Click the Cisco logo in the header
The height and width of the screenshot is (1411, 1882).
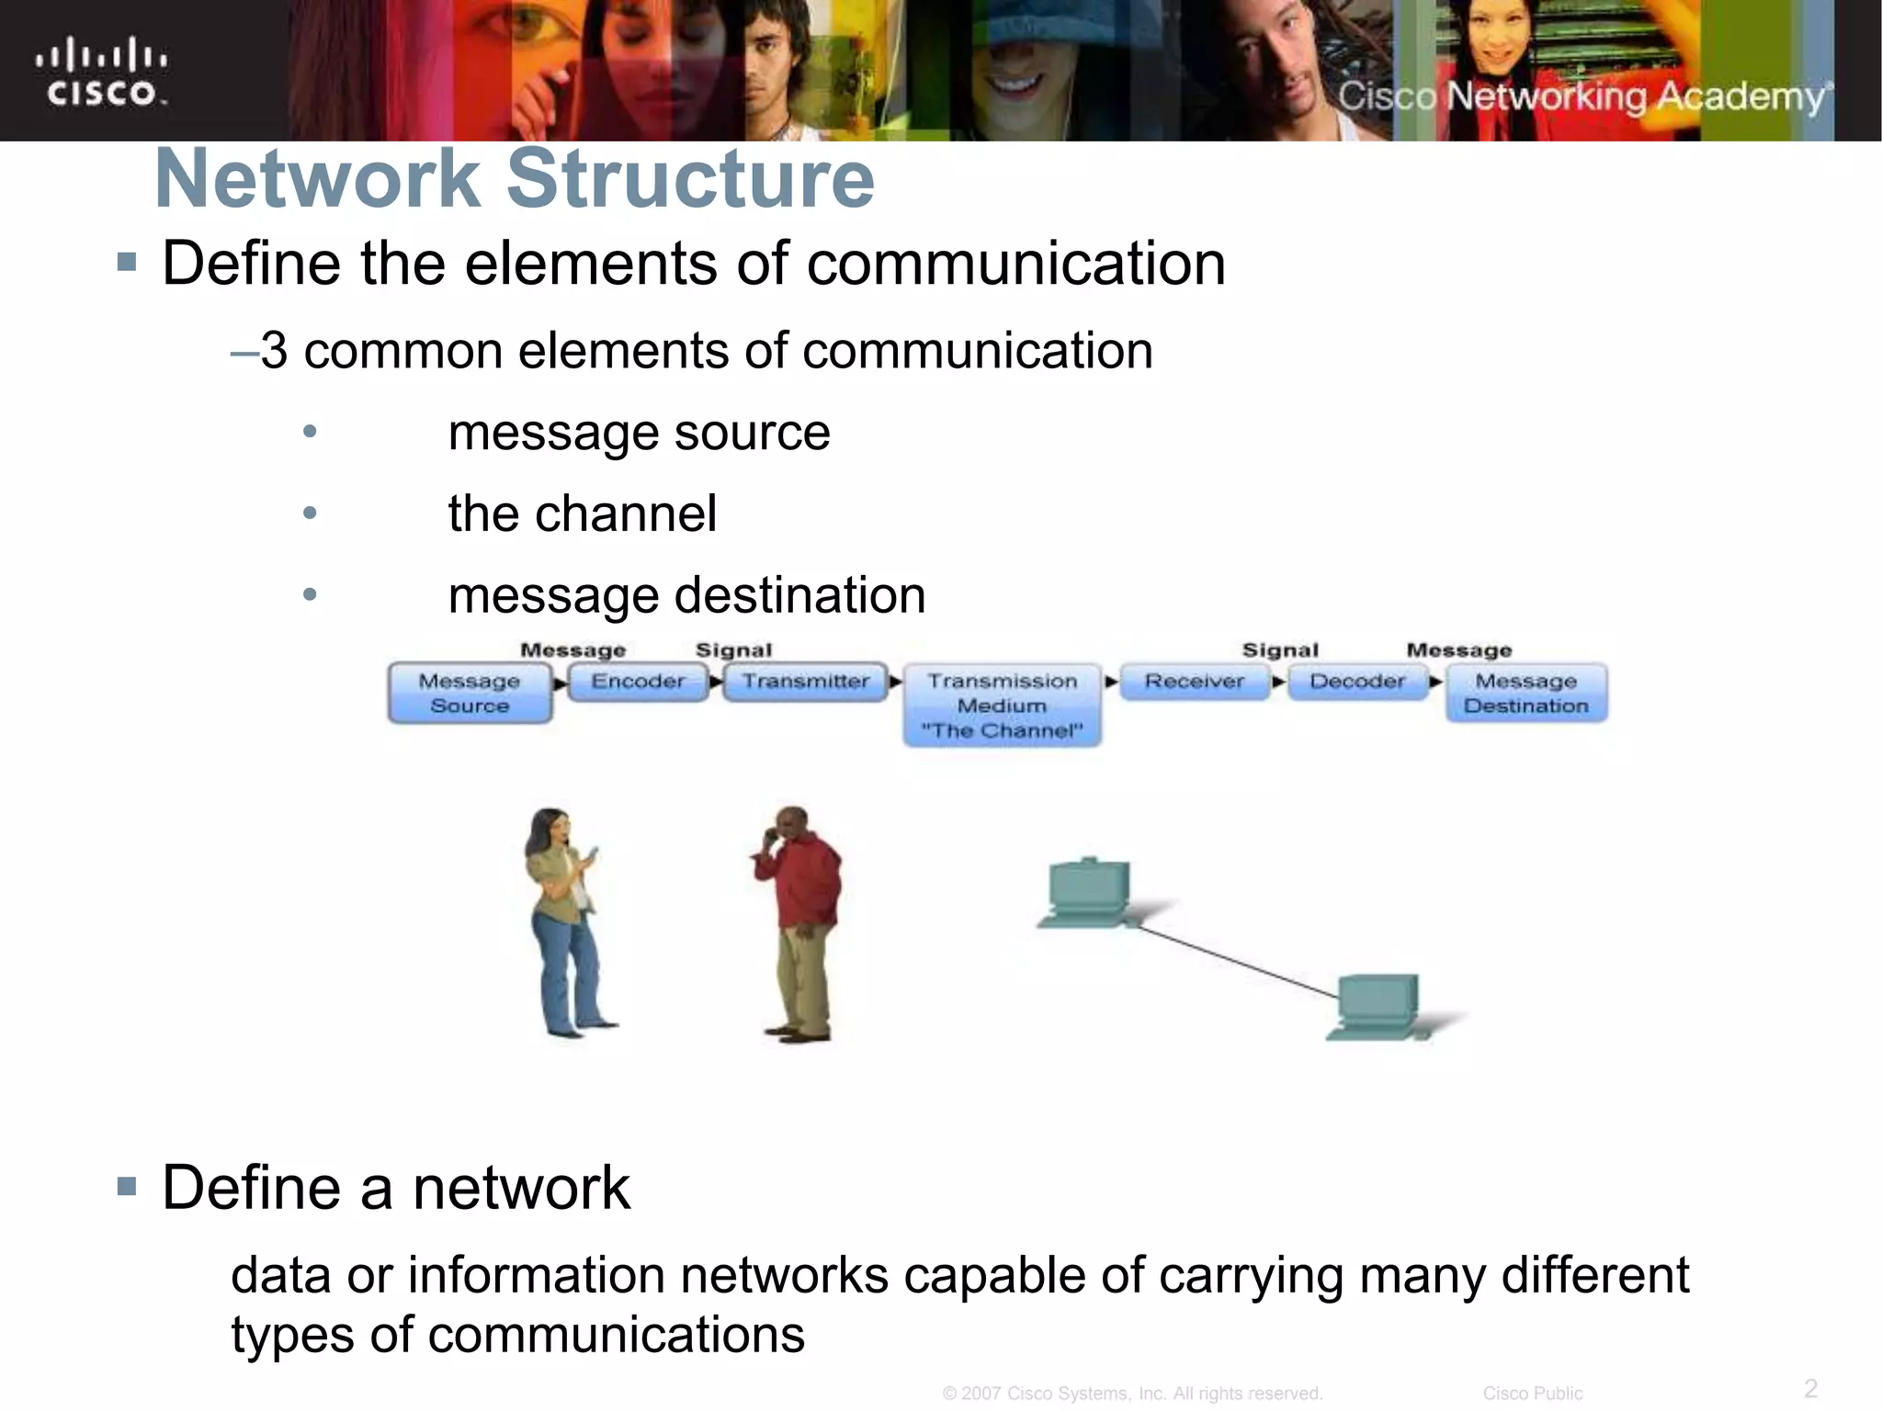(101, 72)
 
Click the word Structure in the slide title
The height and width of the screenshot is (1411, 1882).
(690, 178)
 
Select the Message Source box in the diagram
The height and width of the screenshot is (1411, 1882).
(470, 693)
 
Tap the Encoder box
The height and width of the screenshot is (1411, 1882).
(638, 682)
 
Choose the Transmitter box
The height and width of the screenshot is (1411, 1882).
(806, 682)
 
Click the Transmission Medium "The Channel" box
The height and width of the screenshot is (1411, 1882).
(1002, 705)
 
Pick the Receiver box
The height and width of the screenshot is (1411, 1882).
(1194, 682)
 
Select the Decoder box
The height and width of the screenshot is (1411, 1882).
(1357, 682)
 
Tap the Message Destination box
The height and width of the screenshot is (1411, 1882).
(1526, 693)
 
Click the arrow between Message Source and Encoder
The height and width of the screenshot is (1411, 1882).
(560, 683)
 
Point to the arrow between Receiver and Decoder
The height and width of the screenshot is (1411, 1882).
(1278, 683)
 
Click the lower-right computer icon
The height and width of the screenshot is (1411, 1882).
(1377, 1007)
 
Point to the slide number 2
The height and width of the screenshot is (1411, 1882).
(1810, 1387)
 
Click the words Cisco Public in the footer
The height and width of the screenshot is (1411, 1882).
(1532, 1394)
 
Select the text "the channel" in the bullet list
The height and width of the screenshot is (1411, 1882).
(582, 513)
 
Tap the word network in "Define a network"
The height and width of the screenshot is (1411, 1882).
(521, 1188)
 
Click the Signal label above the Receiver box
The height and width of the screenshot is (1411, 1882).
(1280, 650)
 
